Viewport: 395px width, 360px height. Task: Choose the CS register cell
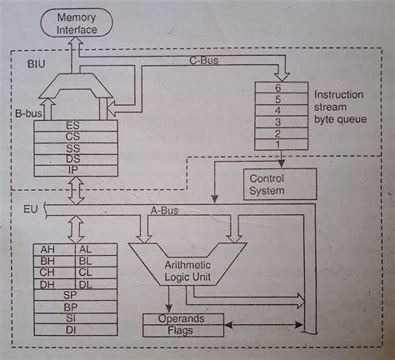point(74,138)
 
